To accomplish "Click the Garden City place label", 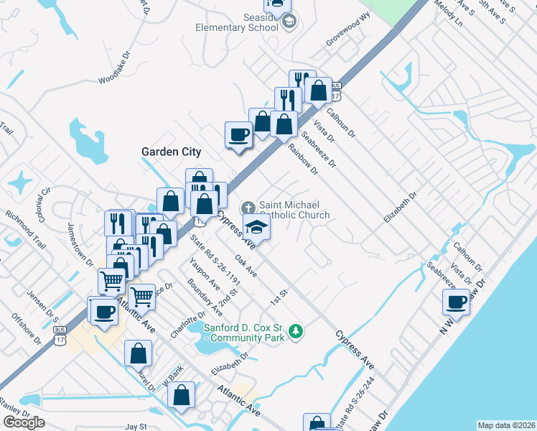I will pyautogui.click(x=171, y=152).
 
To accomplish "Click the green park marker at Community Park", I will pyautogui.click(x=296, y=332).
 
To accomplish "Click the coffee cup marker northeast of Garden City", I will pyautogui.click(x=238, y=134).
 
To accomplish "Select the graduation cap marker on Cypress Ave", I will pyautogui.click(x=256, y=227).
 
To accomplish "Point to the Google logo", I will pyautogui.click(x=24, y=423).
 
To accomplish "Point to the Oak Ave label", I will pyautogui.click(x=246, y=267).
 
